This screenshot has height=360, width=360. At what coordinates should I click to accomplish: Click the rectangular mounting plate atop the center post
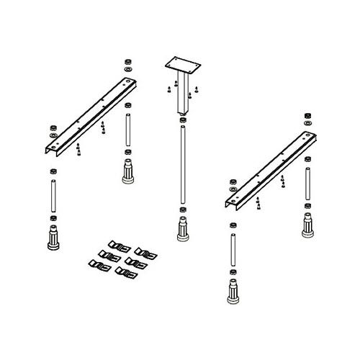[x=180, y=64]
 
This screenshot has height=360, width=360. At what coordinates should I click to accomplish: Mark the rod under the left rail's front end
[x=53, y=194]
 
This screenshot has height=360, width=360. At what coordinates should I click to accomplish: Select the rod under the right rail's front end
[x=232, y=248]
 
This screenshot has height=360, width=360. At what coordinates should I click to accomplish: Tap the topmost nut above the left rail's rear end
[x=127, y=61]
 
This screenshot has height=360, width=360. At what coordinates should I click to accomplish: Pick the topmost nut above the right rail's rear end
[x=307, y=115]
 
